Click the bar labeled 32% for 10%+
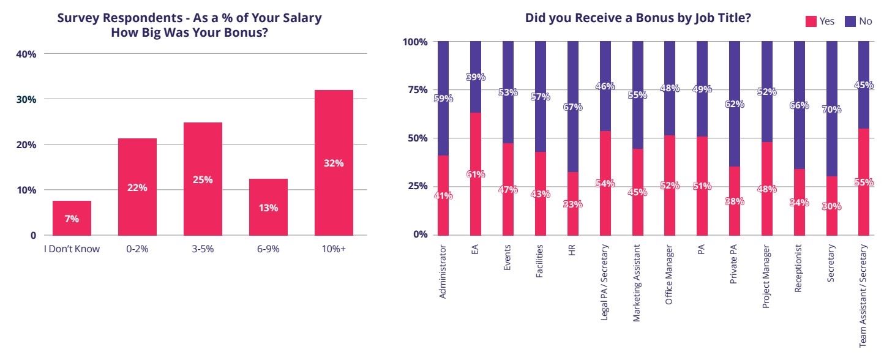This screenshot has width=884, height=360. pos(334,163)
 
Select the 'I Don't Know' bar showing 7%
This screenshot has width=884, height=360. pos(72,218)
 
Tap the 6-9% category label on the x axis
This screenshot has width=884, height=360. pos(268,249)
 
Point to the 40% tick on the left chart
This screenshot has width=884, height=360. pos(26,54)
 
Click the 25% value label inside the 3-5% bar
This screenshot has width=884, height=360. pos(203,179)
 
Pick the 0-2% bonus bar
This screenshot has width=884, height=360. pos(137,187)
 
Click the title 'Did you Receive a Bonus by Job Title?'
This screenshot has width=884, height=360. pos(638,18)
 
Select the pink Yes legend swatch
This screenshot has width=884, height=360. pos(811,21)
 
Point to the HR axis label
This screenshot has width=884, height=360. pos(573,254)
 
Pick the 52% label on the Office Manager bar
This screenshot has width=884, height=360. pos(669,186)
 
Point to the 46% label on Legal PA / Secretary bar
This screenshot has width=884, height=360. pos(604,87)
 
